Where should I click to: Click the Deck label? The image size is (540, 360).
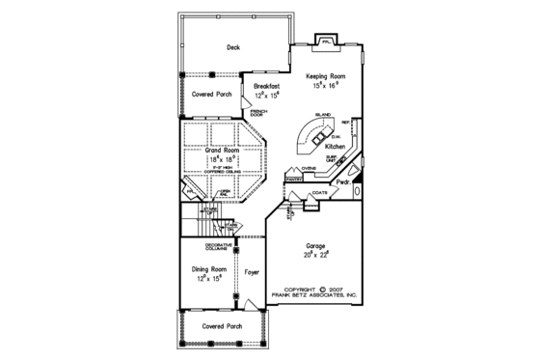point(232,47)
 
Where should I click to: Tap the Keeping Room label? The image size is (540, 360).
point(325,75)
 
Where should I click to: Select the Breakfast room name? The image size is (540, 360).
point(267,87)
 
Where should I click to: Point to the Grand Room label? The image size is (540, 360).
point(222,152)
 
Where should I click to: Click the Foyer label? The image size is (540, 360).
point(253,273)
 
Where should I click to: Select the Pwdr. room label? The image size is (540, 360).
point(344,180)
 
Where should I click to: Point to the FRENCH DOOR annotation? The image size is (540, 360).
point(259,114)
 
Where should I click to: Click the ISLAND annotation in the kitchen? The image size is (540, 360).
point(323,116)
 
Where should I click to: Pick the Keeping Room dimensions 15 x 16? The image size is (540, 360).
point(325,86)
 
